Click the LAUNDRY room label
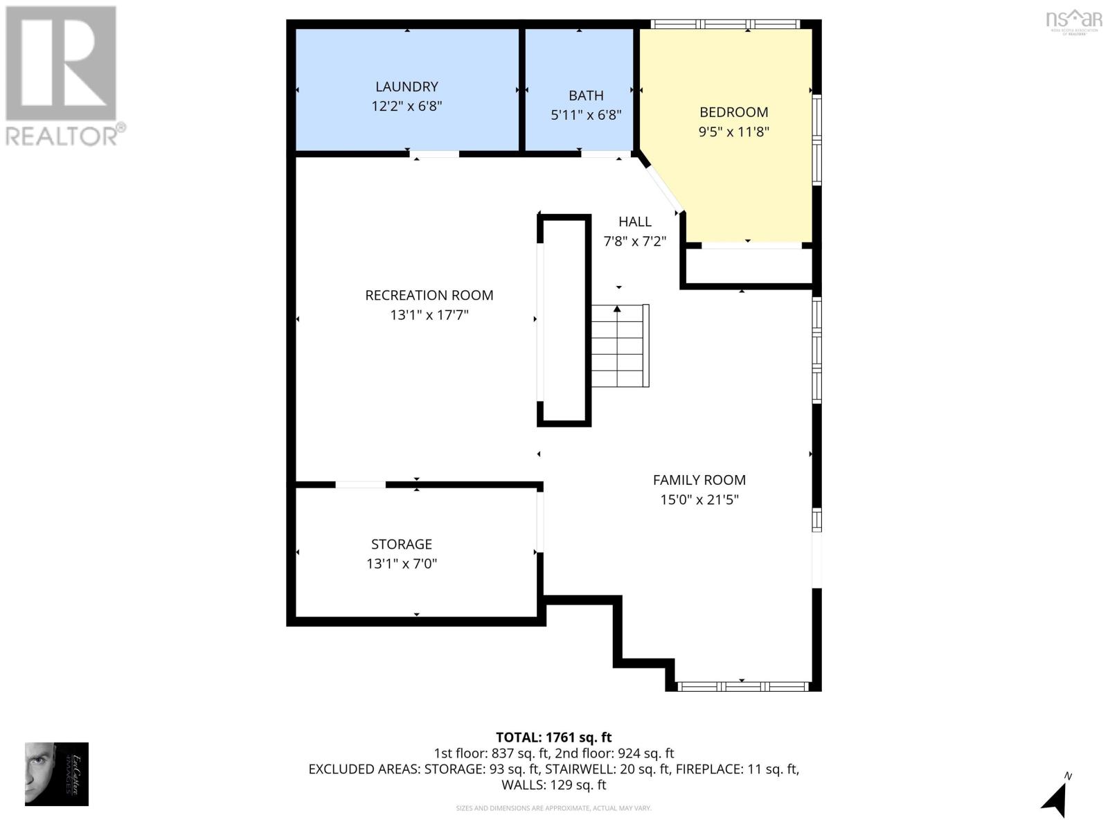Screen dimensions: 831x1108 pos(406,87)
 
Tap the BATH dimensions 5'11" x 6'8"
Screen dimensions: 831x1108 pos(586,115)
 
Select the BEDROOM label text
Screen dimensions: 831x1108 pos(733,112)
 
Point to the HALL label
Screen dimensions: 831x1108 pos(634,222)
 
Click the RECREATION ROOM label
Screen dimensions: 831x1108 pos(429,295)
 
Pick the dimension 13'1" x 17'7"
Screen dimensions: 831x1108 pos(429,315)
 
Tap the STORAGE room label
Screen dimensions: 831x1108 pos(401,544)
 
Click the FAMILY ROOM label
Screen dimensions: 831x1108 pos(699,480)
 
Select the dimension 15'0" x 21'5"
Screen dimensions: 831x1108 pos(699,499)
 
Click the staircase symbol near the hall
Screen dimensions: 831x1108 pos(620,346)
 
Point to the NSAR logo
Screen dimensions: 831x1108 pos(1073,21)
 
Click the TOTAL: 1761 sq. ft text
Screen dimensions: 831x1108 pos(553,738)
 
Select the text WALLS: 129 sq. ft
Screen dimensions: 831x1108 pos(553,785)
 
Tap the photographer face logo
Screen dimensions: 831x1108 pos(56,774)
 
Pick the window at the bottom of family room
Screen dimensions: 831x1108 pos(742,686)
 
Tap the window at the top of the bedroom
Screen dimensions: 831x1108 pos(726,24)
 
